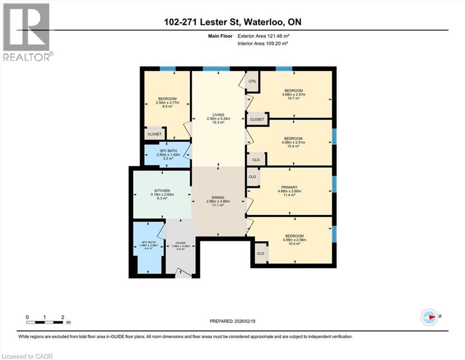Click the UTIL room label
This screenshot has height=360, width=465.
[x=252, y=81]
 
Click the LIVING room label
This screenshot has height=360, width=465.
[x=218, y=115]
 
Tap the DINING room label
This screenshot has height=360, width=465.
[x=218, y=197]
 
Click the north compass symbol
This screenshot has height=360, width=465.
[x=429, y=317]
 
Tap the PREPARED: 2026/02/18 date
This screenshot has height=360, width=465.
[x=232, y=322]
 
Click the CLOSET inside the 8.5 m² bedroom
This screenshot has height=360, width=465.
[x=154, y=134]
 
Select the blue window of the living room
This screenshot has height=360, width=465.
[x=216, y=69]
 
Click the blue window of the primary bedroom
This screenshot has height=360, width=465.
[x=334, y=184]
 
